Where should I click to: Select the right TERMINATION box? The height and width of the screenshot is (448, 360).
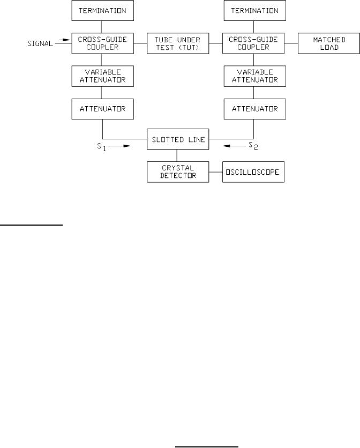tap(254, 10)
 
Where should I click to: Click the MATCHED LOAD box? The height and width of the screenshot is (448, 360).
tap(329, 43)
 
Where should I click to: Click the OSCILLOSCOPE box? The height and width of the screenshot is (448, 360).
tap(253, 172)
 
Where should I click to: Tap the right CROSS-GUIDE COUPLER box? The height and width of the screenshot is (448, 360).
tap(254, 43)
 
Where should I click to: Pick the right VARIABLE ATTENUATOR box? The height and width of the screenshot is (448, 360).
tap(254, 76)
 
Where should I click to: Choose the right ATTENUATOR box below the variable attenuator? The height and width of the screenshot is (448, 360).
tap(254, 109)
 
